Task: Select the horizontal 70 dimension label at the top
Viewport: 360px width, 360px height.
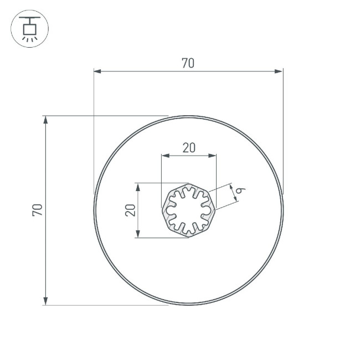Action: [188, 64]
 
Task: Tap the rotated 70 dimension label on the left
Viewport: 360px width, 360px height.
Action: [38, 210]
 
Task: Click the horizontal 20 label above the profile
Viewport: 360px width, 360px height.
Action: [189, 148]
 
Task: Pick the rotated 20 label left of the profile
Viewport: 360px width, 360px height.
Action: [131, 210]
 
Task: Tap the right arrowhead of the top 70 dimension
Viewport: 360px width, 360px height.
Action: [279, 71]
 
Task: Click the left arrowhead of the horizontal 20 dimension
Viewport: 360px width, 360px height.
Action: [164, 156]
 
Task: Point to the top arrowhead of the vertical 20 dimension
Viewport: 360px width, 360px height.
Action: [139, 187]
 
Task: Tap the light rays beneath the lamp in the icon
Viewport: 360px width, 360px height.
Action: [29, 38]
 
